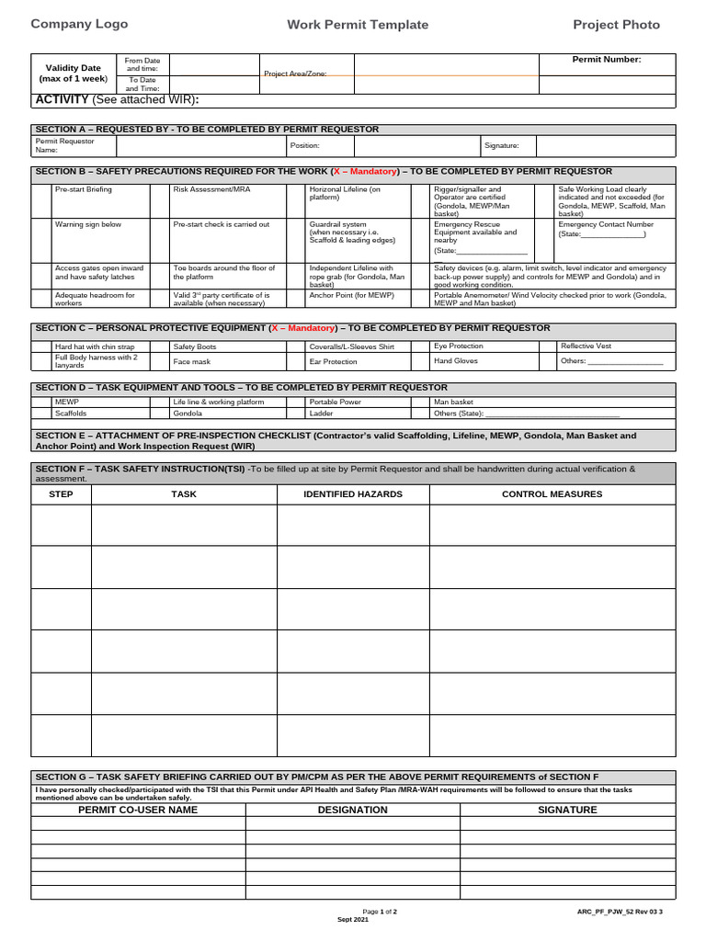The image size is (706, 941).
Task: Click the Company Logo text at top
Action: [79, 25]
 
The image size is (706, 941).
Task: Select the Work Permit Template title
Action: [358, 25]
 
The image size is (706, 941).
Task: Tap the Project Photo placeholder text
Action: [616, 25]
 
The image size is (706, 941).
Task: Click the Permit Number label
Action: [607, 60]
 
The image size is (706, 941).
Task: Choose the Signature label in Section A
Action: [502, 145]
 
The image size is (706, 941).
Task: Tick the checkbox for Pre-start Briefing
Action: [41, 200]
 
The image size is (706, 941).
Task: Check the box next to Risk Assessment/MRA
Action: [158, 200]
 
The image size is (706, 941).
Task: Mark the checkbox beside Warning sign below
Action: [41, 240]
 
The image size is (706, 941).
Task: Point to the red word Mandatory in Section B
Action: [369, 172]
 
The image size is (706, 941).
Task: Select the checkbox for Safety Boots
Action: [158, 346]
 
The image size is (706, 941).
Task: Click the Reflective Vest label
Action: [586, 346]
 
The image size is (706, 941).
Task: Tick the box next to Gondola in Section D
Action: [158, 414]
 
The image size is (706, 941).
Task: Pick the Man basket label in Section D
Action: [454, 402]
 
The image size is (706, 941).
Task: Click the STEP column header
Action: [61, 494]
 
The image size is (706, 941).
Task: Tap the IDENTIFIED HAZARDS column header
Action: [353, 494]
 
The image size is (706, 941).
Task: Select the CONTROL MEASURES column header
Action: [552, 494]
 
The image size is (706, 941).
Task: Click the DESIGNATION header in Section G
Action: [352, 810]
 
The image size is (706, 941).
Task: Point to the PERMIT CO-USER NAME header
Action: [138, 810]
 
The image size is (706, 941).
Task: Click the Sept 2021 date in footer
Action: [353, 919]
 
